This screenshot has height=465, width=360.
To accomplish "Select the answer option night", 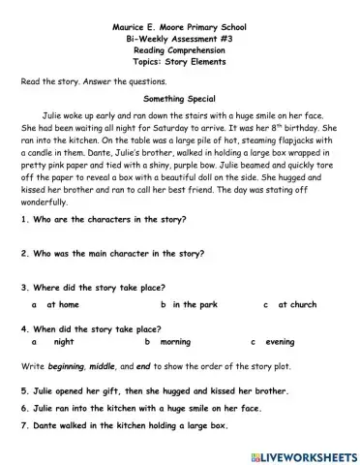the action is pos(64,342).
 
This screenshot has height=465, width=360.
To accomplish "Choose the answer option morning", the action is pos(175,342).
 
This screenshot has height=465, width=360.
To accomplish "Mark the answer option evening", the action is pos(280,342).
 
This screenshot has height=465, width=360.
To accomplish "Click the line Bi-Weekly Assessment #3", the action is pos(179,31).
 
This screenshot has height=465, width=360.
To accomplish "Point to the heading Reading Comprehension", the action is pos(179,44).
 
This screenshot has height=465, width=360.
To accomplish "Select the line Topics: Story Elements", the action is pos(179,57).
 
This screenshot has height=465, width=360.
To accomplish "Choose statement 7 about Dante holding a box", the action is pos(124,426).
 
